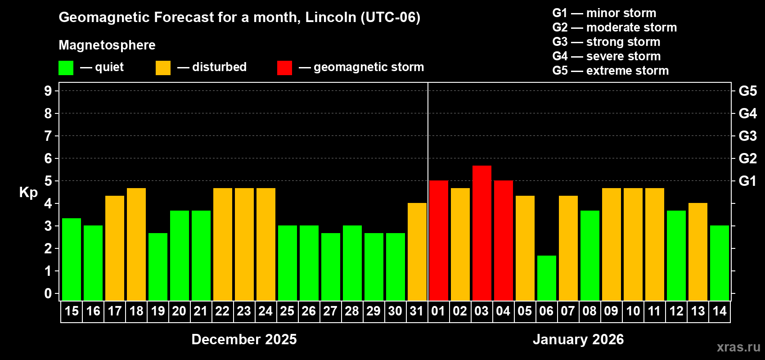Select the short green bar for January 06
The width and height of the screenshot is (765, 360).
[546, 278]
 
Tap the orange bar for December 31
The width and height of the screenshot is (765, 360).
[417, 252]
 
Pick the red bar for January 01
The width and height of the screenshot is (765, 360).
[438, 240]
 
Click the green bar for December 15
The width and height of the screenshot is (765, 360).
[72, 259]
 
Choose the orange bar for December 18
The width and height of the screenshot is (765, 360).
[136, 244]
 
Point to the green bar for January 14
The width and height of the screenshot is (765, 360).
[719, 263]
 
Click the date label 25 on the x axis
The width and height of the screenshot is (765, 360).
[287, 311]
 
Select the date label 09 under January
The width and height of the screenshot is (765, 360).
[611, 311]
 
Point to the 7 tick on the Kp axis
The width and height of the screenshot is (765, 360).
[48, 136]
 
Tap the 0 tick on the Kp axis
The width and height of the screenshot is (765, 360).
[48, 293]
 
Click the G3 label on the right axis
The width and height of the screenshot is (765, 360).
[747, 136]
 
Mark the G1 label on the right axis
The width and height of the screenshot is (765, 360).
[747, 181]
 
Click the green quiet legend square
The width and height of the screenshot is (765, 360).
[66, 68]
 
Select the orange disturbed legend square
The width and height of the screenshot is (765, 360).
[163, 68]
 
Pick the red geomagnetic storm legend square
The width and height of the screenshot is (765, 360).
[284, 68]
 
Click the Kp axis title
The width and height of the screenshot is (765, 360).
[28, 193]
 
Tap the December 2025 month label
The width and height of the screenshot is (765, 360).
[244, 339]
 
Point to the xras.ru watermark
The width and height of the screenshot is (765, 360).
[738, 347]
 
